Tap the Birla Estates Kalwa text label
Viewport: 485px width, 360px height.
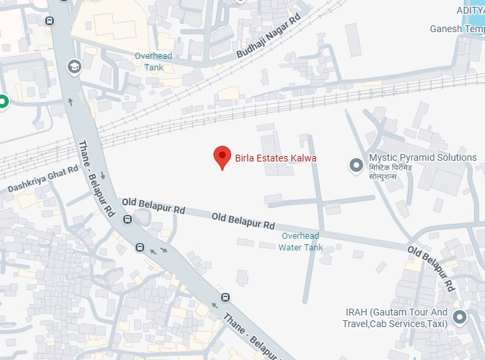[x=276, y=158]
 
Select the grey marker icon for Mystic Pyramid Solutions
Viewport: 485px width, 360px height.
[x=356, y=164]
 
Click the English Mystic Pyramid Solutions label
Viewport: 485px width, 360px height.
[x=422, y=157]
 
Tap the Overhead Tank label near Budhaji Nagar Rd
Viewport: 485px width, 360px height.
[x=154, y=61]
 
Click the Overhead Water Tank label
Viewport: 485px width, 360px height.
[x=300, y=242]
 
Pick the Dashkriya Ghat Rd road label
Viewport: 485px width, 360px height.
[x=43, y=179]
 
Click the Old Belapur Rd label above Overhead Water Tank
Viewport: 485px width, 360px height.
[x=243, y=220]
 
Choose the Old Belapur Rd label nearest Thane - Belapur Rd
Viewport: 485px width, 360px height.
[x=153, y=205]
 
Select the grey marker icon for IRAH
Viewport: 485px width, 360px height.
[x=460, y=317]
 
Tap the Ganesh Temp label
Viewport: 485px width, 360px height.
[x=456, y=29]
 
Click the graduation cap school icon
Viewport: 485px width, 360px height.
[x=74, y=66]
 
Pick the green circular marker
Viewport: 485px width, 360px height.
[x=3, y=102]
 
